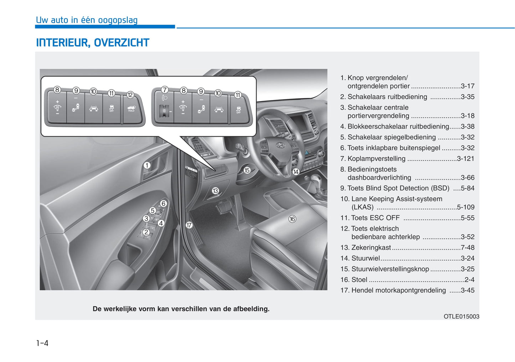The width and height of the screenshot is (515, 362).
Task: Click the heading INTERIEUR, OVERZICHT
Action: pyautogui.click(x=93, y=43)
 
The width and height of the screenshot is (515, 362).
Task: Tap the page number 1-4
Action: pyautogui.click(x=42, y=343)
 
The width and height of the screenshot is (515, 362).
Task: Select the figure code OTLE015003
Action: pyautogui.click(x=462, y=316)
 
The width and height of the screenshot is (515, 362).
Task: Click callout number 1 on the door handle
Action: pyautogui.click(x=147, y=165)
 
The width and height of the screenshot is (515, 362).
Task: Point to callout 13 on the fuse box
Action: pyautogui.click(x=215, y=191)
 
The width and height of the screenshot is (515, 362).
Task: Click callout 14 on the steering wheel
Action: pyautogui.click(x=296, y=172)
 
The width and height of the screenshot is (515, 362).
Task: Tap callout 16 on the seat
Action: pyautogui.click(x=292, y=219)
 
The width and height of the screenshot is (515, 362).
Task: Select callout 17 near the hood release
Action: pyautogui.click(x=189, y=225)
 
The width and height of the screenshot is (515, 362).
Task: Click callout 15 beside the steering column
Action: pyautogui.click(x=247, y=170)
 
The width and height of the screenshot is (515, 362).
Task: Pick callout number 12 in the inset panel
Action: pyautogui.click(x=130, y=95)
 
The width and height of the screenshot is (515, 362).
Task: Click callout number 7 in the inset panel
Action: pyautogui.click(x=165, y=90)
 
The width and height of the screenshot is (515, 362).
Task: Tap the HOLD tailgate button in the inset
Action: pyautogui.click(x=132, y=108)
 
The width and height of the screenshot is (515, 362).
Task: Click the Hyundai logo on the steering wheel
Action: pyautogui.click(x=280, y=145)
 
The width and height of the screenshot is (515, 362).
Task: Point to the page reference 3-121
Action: pyautogui.click(x=465, y=159)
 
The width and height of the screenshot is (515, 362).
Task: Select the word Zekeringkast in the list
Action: pyautogui.click(x=371, y=247)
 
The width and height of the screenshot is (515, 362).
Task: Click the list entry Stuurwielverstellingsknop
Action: pyautogui.click(x=390, y=269)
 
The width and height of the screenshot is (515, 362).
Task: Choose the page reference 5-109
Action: pyautogui.click(x=465, y=207)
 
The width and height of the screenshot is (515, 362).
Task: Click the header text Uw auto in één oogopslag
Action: pyautogui.click(x=87, y=20)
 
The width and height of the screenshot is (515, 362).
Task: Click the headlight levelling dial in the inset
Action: pyautogui.click(x=164, y=111)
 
